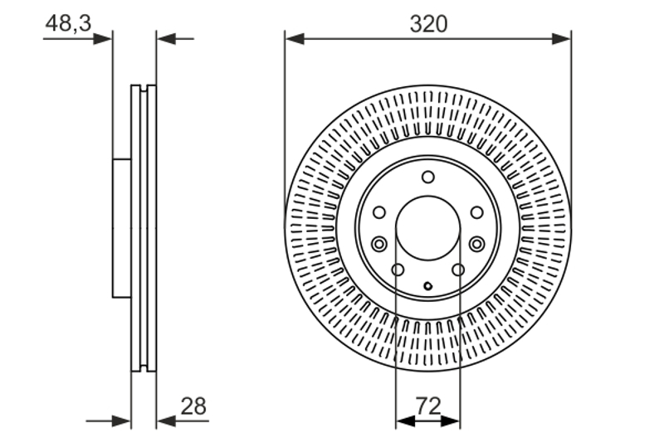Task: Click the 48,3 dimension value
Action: (x=68, y=23)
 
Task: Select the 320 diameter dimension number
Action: (x=428, y=24)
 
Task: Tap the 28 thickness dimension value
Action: (x=193, y=406)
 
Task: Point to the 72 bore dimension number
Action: (x=428, y=406)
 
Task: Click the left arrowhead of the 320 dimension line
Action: (x=295, y=39)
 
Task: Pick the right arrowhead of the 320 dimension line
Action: (x=561, y=39)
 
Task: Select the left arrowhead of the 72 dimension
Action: (x=405, y=420)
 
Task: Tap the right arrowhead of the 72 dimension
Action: (x=451, y=420)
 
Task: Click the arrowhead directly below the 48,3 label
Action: (x=103, y=39)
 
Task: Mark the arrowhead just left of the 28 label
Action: (x=166, y=420)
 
